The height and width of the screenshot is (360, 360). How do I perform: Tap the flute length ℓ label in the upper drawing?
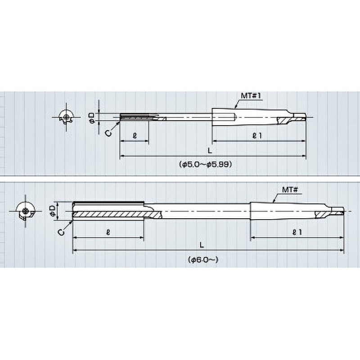pos(135,135)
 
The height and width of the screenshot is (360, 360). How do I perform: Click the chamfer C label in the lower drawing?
pos(60,231)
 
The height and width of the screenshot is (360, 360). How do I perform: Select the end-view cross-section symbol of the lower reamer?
pos(26,211)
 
